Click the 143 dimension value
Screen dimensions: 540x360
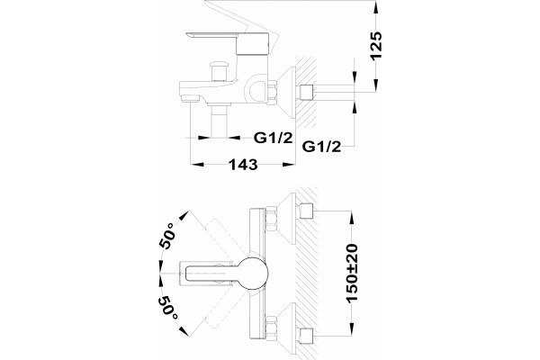[244, 165]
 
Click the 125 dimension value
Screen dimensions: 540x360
[376, 46]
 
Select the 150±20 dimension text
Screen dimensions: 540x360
[352, 274]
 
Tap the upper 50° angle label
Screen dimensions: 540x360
[167, 236]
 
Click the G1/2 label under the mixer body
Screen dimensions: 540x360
[273, 138]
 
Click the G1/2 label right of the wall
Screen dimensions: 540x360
[321, 147]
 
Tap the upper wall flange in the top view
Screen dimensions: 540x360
[288, 219]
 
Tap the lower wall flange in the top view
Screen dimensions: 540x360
[288, 328]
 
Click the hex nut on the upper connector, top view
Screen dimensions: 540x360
[272, 220]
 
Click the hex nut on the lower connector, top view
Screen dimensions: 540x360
[272, 328]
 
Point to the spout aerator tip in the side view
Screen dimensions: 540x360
[191, 98]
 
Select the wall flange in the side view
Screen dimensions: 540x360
[288, 92]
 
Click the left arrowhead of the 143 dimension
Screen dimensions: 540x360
[198, 165]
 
